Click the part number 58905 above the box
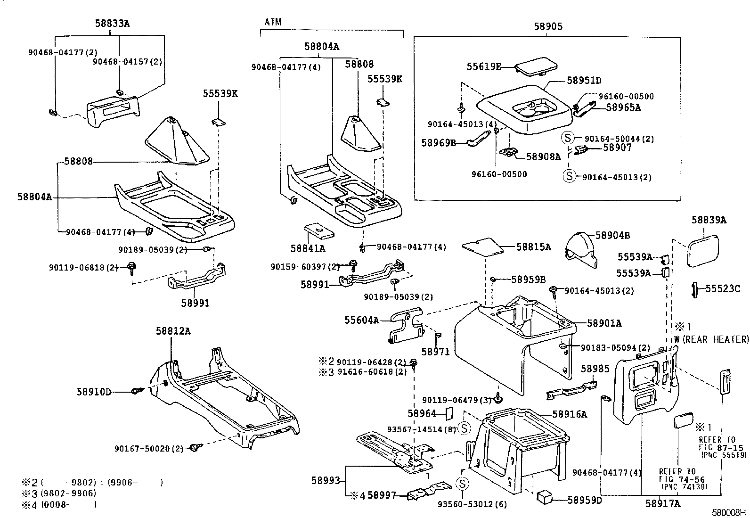pos(548,27)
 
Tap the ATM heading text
pos(273,22)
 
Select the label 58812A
pos(173,331)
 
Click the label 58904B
pos(612,235)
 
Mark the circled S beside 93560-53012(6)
pos(462,484)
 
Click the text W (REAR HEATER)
pos(711,339)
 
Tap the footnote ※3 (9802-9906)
pos(59,493)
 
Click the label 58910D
pos(94,391)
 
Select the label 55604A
pos(361,321)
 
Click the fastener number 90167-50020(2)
pos(148,448)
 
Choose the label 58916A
pos(570,414)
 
